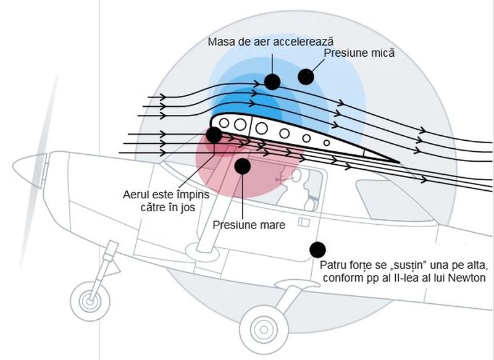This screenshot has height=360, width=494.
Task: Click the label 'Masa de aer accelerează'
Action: (x=270, y=41)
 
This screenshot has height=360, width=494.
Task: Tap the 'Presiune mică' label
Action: (x=359, y=54)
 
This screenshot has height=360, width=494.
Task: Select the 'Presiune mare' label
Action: (x=249, y=225)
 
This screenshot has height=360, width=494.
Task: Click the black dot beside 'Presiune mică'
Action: (x=306, y=77)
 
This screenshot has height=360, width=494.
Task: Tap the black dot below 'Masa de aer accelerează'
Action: (x=272, y=81)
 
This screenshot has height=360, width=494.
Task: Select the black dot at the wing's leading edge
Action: (x=214, y=134)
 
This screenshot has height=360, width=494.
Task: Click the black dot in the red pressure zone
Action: (x=243, y=165)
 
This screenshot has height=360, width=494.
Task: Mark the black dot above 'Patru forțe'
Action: (x=317, y=249)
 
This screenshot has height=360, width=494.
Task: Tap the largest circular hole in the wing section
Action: (x=262, y=128)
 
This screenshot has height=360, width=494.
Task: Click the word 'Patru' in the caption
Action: (x=333, y=266)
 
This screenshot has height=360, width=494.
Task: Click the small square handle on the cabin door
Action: (x=304, y=222)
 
